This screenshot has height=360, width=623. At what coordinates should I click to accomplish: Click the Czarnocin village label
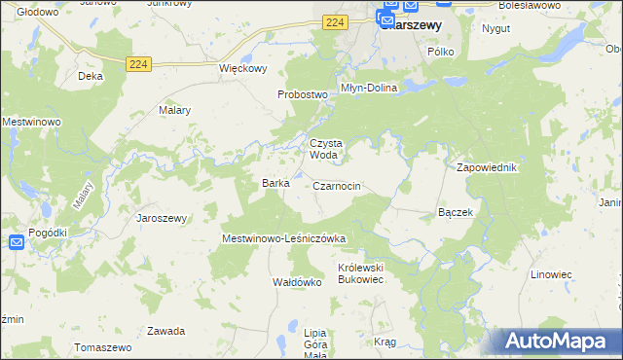338,186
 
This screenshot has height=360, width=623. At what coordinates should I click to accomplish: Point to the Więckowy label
242,69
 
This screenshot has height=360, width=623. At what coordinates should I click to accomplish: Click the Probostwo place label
300,94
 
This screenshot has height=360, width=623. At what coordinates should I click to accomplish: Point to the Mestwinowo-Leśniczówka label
284,238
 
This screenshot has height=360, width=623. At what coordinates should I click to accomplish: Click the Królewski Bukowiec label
362,271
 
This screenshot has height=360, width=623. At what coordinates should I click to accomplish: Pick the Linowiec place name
551,274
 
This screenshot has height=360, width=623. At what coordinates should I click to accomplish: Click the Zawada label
165,331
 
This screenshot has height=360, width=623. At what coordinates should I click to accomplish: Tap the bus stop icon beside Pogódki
17,242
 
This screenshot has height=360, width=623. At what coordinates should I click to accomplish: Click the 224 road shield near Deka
137,63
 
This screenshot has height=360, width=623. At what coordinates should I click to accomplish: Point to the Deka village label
91,75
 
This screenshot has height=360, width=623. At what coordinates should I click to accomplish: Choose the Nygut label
495,28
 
